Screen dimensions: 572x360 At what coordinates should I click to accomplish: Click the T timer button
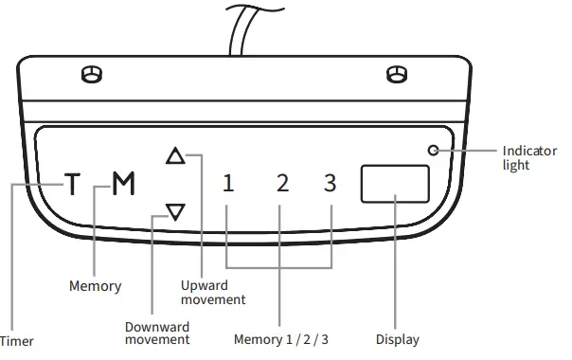click(x=73, y=184)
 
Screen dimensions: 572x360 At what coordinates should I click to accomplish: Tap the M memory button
click(x=123, y=184)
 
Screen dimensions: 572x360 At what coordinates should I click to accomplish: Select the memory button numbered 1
click(x=228, y=184)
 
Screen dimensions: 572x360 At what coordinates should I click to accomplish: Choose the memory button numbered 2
click(x=281, y=184)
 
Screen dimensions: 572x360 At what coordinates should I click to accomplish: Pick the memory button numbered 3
click(x=330, y=184)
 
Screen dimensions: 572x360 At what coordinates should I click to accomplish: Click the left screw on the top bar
click(x=91, y=74)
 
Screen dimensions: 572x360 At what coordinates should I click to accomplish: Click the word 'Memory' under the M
click(x=95, y=285)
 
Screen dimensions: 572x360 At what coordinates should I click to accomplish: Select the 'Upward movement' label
click(x=213, y=293)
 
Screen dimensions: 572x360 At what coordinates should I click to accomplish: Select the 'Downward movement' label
click(x=157, y=333)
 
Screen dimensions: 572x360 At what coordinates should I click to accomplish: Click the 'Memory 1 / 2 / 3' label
click(x=281, y=339)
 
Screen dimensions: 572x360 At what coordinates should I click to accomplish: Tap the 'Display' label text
click(x=397, y=339)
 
